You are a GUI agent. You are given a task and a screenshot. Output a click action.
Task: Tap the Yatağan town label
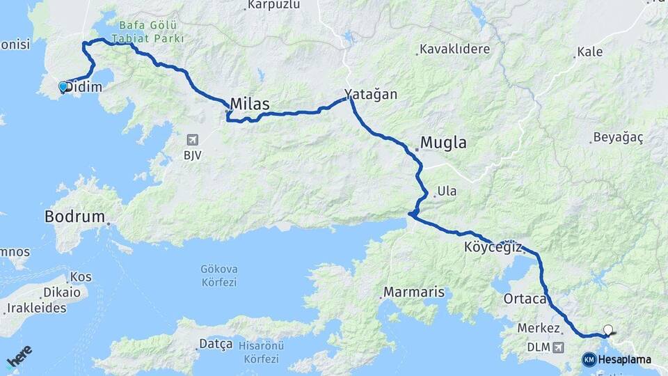(x=370, y=95)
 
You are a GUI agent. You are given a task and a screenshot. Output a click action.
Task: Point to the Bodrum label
(x=74, y=217)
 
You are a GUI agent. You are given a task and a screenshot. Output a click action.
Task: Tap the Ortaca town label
(x=524, y=299)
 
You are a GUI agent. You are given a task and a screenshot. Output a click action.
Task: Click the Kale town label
(x=590, y=52)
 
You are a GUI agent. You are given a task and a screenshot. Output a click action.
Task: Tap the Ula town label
(x=446, y=191)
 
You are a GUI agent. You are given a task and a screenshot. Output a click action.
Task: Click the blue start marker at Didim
(x=63, y=87)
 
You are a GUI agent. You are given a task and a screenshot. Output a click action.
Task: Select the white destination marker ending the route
(x=609, y=330)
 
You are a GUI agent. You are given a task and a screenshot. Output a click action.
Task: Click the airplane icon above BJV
(x=192, y=140)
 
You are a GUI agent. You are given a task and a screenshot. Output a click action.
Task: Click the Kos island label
(x=81, y=277)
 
